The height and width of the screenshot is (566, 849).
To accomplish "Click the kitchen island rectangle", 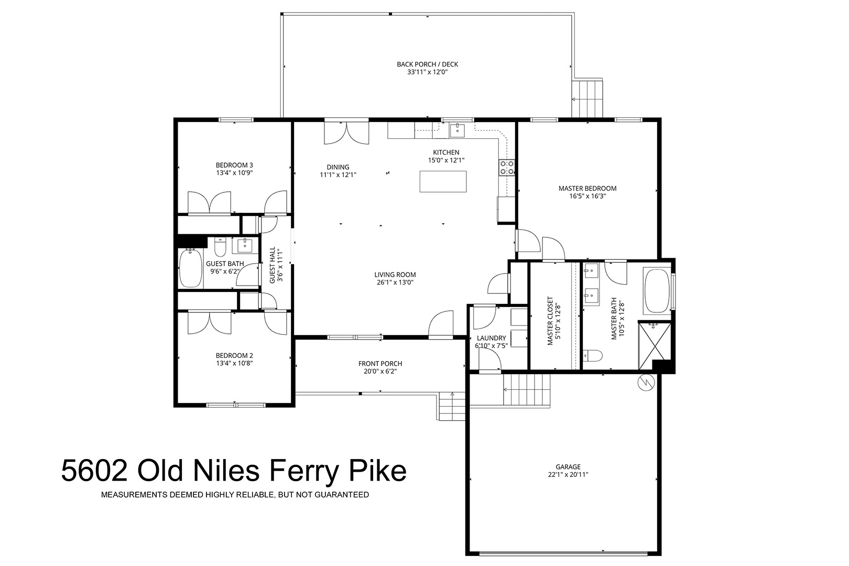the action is coord(443,181).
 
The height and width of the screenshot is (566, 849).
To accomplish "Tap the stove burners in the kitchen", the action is coord(507,168).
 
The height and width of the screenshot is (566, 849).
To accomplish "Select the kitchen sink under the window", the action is coord(458,130).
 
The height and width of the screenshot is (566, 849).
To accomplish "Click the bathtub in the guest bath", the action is coord(191,268).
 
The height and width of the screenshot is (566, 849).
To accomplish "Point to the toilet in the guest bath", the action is coord(220,247).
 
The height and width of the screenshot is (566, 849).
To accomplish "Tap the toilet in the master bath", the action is coord(592,356).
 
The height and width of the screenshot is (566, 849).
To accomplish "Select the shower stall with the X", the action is coord(655,346).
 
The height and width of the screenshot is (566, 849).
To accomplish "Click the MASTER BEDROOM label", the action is coord(587,189).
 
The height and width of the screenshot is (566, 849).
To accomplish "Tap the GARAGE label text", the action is coord(568,466).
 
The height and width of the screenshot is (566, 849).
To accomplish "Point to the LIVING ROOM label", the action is coord(395,275).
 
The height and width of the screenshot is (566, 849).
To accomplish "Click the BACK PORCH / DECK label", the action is coord(428,64).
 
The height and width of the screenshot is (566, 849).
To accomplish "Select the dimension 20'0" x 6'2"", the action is coord(380,371).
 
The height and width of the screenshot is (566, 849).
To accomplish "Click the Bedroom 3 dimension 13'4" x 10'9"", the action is coord(234,173).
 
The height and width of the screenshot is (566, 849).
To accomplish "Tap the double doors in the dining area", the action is coord(346,133).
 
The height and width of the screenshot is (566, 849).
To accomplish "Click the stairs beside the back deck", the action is coord(587,99).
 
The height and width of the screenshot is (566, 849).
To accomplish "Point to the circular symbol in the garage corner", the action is coord(646,383).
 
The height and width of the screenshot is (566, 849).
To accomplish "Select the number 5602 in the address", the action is coord(94,471).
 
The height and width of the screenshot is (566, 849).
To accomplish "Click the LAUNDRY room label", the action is coord(491,338).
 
